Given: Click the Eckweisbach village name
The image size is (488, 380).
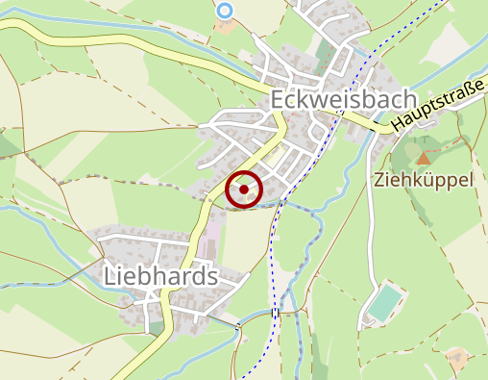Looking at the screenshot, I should point(344,100).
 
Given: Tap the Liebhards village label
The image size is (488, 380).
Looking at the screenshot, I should point(160,277).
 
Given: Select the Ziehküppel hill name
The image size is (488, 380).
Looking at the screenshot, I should point(425,180).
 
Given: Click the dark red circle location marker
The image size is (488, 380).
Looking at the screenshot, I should point(245,189).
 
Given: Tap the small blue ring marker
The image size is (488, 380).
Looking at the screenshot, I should point(225,11).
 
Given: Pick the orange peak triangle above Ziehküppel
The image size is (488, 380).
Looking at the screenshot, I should point(423,157).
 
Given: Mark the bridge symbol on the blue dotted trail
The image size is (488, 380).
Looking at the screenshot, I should point(276,312).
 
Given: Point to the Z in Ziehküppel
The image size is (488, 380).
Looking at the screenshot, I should point(380,180).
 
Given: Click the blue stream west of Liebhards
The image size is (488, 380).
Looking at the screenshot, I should point(38,221).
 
